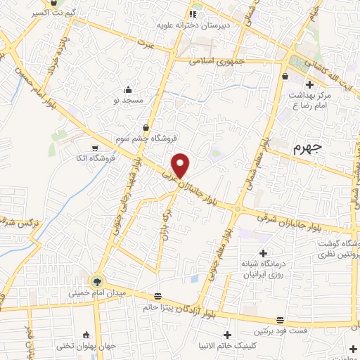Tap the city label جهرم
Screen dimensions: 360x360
click(x=307, y=148)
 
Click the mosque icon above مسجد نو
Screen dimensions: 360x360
click(x=128, y=89)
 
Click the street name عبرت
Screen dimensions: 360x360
click(x=145, y=44)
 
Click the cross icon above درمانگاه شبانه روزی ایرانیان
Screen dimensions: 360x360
click(x=263, y=253)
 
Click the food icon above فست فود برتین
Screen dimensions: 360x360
click(x=280, y=320)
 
